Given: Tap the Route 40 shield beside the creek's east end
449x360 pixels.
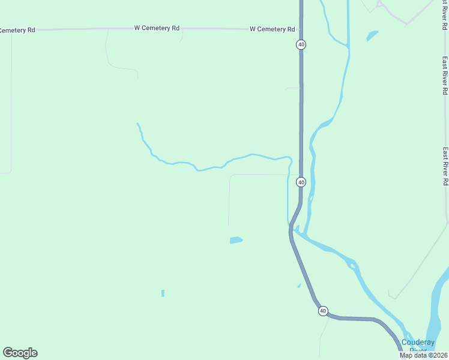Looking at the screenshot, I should click(301, 182).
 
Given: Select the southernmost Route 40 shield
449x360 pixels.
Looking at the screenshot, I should click(323, 311).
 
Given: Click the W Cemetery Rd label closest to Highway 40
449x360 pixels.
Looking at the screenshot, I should click(272, 29).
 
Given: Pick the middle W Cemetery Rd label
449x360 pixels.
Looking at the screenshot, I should click(157, 28).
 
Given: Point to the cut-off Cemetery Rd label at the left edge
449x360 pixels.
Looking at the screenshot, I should click(17, 30).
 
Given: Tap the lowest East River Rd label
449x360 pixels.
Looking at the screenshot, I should click(445, 166).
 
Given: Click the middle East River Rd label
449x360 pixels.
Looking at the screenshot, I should click(445, 75).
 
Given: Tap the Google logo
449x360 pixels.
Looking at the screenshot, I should click(20, 353).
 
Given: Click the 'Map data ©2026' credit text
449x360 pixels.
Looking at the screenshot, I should click(423, 355).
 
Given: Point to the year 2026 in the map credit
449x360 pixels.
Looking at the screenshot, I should click(438, 355).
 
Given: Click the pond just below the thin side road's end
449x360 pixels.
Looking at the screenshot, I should click(236, 241).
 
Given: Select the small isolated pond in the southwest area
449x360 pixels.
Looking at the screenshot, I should click(163, 293).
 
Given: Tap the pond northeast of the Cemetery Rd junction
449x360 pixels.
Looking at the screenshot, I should click(372, 36).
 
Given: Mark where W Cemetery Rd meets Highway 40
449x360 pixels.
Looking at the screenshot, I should click(301, 29).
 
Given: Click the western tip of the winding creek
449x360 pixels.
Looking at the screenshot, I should click(137, 124).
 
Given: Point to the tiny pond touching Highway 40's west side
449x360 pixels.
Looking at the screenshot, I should click(299, 286).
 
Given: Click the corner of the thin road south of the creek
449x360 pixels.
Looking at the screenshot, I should click(231, 176).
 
